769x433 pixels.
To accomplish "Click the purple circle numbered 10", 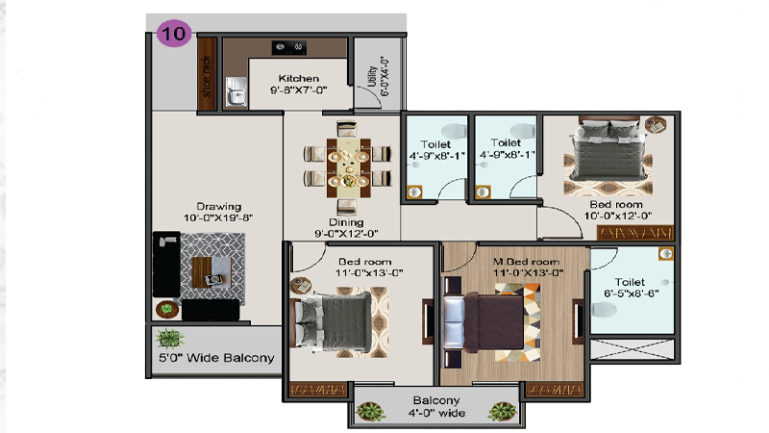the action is pyautogui.click(x=174, y=34).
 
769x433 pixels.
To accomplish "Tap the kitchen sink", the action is pyautogui.click(x=236, y=91).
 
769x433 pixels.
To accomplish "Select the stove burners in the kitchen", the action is pyautogui.click(x=289, y=47).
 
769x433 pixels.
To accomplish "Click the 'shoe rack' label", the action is pyautogui.click(x=206, y=76).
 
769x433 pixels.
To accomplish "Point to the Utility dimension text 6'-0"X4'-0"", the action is pyautogui.click(x=385, y=77).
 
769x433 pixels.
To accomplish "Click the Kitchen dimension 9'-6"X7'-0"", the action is pyautogui.click(x=298, y=89).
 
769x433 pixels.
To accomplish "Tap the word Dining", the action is pyautogui.click(x=346, y=222).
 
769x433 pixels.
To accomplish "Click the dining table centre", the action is pyautogui.click(x=348, y=167).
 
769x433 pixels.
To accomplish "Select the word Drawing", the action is pyautogui.click(x=219, y=206).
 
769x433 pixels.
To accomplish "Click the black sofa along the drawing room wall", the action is pyautogui.click(x=166, y=264).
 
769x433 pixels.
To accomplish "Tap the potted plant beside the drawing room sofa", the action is pyautogui.click(x=166, y=309).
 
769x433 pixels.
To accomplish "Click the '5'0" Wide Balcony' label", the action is pyautogui.click(x=216, y=357).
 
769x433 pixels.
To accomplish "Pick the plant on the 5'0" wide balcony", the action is pyautogui.click(x=170, y=339).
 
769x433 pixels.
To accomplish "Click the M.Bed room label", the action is pyautogui.click(x=526, y=262).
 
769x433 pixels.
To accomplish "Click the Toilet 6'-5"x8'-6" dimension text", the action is pyautogui.click(x=631, y=293).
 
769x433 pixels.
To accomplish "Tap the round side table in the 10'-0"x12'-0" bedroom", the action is pyautogui.click(x=656, y=125).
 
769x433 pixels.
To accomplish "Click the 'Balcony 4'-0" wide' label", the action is pyautogui.click(x=436, y=406).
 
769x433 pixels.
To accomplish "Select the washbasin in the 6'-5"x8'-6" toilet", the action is pyautogui.click(x=665, y=254).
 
